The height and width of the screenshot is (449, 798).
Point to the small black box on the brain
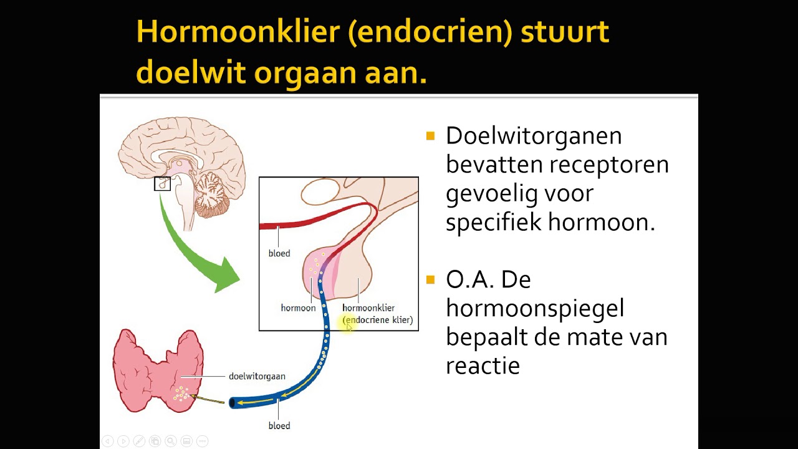pos(162,183)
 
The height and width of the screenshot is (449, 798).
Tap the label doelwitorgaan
pos(257,376)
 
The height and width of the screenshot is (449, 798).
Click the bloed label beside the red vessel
pos(279,254)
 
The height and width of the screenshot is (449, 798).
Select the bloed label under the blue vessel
pos(279,426)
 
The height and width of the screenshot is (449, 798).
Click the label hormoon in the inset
pos(298,308)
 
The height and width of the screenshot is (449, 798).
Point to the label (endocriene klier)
pos(378,320)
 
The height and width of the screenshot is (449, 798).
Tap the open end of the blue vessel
pos(233,403)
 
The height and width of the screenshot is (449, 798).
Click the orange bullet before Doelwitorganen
pos(430,136)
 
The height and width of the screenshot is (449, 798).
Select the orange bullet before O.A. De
pos(430,279)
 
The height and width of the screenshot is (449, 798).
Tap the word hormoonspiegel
pos(535,308)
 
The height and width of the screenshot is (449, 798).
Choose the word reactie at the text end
pos(483,366)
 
